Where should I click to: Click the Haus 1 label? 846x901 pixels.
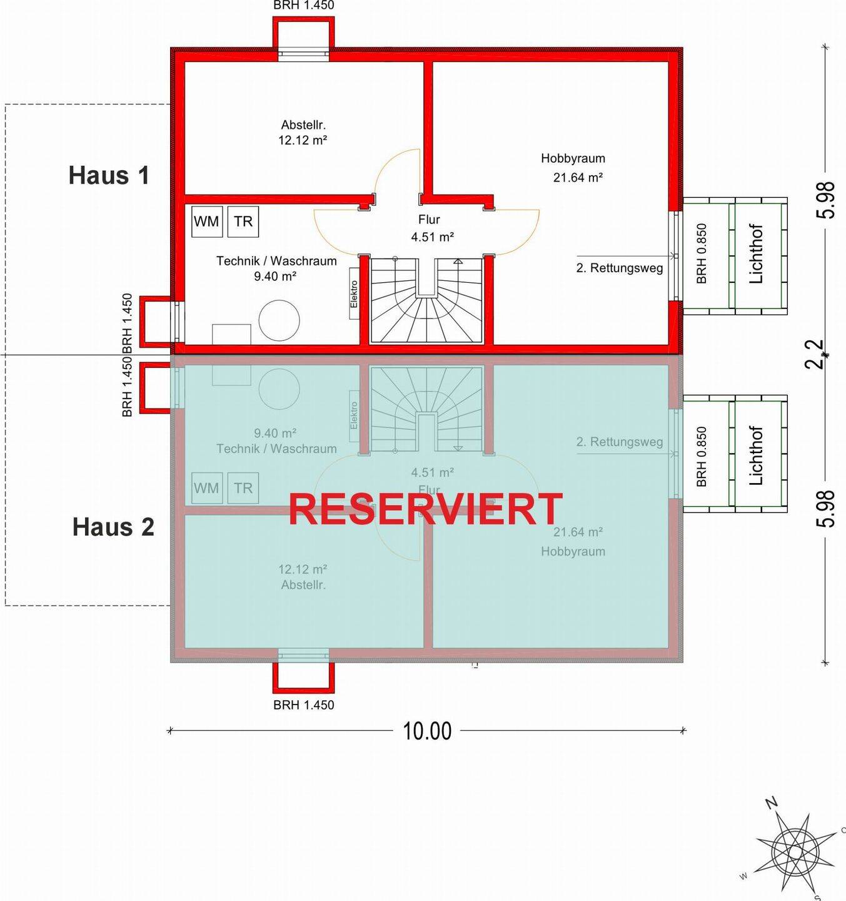point(109,176)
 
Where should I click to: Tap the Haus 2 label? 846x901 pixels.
point(113,527)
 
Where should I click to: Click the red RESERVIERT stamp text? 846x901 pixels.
point(425,509)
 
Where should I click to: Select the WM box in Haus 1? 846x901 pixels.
point(206,221)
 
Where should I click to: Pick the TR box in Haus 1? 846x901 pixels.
point(243,221)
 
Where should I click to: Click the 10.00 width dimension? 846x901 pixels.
point(427,731)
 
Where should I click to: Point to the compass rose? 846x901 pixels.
point(795,851)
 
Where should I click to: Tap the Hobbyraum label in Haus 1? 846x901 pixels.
point(573,159)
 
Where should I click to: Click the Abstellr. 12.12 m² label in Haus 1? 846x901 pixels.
point(303,133)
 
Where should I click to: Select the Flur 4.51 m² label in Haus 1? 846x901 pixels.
point(431,228)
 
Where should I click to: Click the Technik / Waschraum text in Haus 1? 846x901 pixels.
point(276,261)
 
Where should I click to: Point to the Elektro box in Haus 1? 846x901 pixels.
point(354,293)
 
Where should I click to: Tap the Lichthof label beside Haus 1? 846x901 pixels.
point(756,254)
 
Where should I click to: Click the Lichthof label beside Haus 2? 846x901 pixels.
point(756,456)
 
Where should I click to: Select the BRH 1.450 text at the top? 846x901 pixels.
point(304,6)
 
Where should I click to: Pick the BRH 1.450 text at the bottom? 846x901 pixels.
point(304,705)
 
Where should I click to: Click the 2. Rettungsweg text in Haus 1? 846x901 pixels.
point(619,268)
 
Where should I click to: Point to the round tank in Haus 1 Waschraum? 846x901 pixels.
point(279,320)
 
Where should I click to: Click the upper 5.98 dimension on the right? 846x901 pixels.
point(825,200)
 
